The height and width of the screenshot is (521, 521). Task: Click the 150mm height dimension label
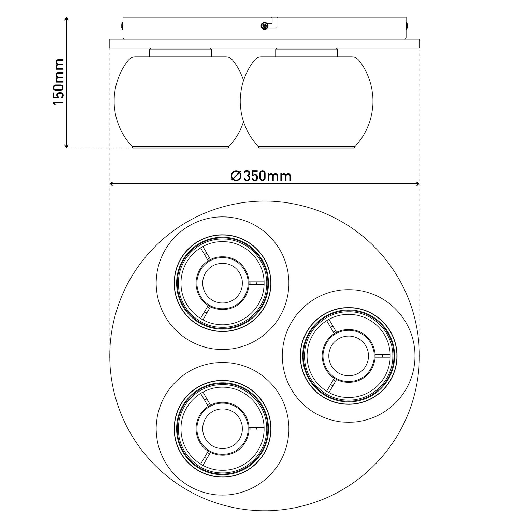click(59, 82)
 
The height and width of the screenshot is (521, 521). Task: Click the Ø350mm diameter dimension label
click(261, 176)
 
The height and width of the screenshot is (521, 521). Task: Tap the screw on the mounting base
click(265, 26)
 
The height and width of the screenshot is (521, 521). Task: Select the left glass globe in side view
click(180, 102)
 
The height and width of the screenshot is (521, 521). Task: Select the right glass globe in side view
click(307, 102)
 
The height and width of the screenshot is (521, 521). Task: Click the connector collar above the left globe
click(180, 53)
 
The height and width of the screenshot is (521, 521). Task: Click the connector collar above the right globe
click(307, 53)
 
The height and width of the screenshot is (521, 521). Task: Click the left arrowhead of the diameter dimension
click(112, 184)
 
